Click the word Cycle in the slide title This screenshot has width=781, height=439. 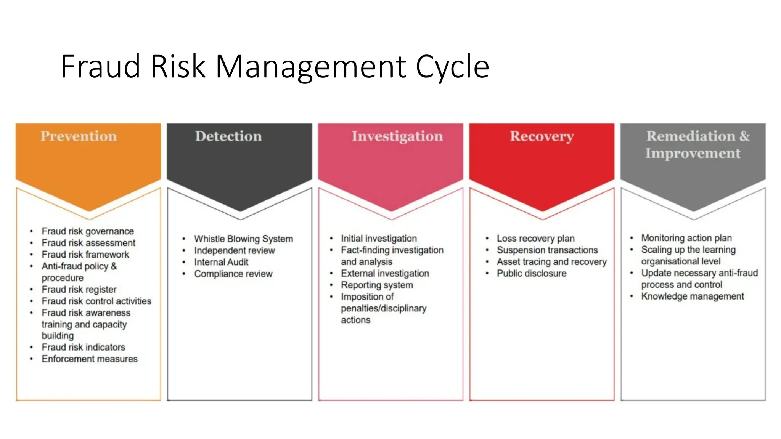click(452, 67)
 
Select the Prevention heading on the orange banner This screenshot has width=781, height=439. click(79, 136)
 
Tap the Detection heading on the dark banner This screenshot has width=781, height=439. click(228, 136)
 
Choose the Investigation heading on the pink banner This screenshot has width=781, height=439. click(397, 136)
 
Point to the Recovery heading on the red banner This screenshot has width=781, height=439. click(542, 136)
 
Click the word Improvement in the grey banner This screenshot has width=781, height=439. click(693, 153)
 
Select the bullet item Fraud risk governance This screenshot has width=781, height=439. click(88, 231)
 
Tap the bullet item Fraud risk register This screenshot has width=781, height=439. click(79, 290)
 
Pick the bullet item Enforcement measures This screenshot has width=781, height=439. click(90, 359)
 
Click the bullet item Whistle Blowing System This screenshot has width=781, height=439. click(243, 239)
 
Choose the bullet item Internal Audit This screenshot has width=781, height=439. click(221, 262)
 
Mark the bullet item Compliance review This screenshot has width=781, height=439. click(233, 274)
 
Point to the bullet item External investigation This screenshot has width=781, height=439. click(385, 274)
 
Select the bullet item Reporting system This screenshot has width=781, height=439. click(377, 285)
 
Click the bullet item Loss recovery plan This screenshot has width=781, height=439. click(535, 239)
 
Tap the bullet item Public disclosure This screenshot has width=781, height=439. click(531, 274)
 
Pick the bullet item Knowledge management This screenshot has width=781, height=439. click(692, 296)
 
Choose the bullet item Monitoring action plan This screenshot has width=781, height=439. click(686, 238)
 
